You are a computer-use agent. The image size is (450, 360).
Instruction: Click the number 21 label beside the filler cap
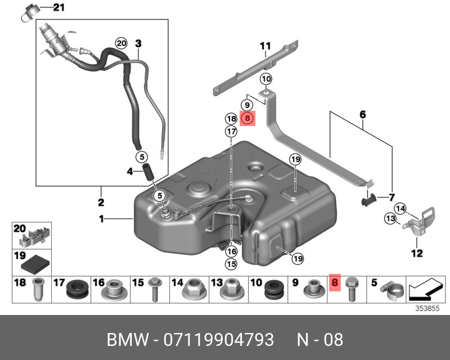pyautogui.click(x=59, y=8)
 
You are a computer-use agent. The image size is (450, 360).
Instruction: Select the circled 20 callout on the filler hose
pyautogui.click(x=121, y=43)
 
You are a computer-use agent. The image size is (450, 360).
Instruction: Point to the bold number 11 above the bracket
pyautogui.click(x=265, y=46)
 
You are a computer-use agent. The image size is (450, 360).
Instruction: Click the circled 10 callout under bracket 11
pyautogui.click(x=265, y=79)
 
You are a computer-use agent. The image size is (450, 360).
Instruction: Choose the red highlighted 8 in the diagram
pyautogui.click(x=247, y=118)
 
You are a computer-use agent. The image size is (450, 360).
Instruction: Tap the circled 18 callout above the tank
pyautogui.click(x=231, y=118)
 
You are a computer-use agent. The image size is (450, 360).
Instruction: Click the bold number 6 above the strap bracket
pyautogui.click(x=363, y=114)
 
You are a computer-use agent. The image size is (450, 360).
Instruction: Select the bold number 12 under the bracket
pyautogui.click(x=416, y=253)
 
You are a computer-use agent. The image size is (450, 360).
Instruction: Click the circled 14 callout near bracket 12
pyautogui.click(x=400, y=209)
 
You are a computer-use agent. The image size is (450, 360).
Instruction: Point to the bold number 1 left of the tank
pyautogui.click(x=102, y=219)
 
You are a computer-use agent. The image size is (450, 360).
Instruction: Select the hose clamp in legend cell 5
pyautogui.click(x=391, y=291)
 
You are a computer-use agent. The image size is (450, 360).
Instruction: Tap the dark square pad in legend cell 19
pyautogui.click(x=38, y=263)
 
